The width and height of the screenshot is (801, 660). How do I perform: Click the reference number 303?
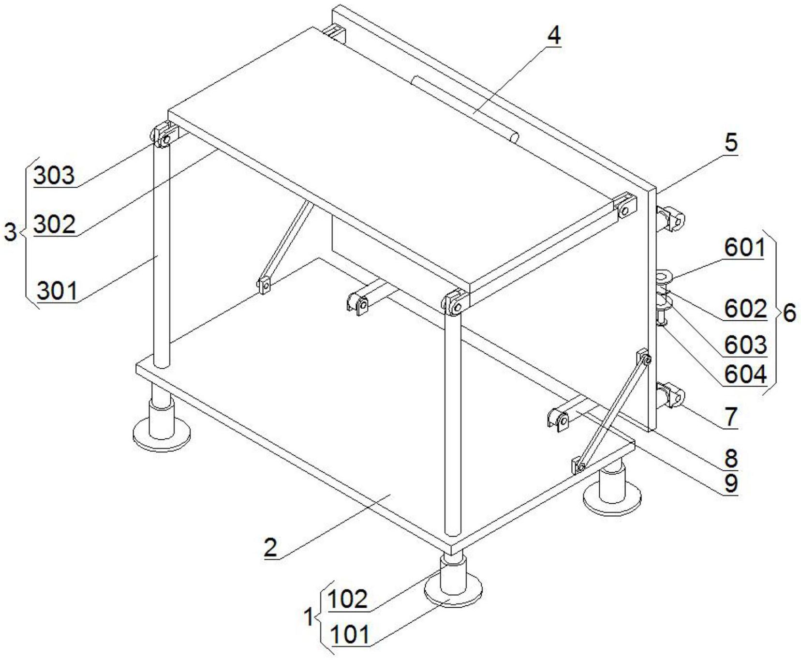pyautogui.click(x=54, y=175)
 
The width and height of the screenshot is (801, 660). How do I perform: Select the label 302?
pyautogui.click(x=54, y=224)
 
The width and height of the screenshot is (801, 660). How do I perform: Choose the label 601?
pyautogui.click(x=744, y=248)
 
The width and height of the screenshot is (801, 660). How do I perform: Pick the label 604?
pyautogui.click(x=745, y=374)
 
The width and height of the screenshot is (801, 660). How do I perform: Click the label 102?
pyautogui.click(x=347, y=600)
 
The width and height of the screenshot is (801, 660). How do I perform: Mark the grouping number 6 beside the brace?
pyautogui.click(x=789, y=313)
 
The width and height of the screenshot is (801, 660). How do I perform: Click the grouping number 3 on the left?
pyautogui.click(x=10, y=233)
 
